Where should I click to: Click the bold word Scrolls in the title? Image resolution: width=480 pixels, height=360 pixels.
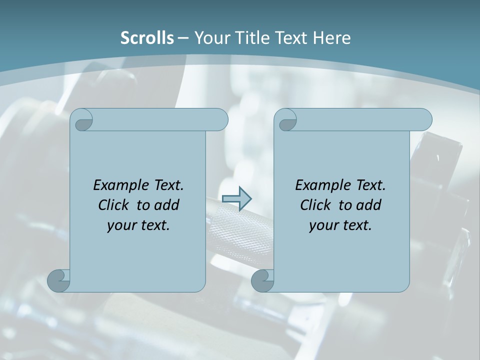pyautogui.click(x=147, y=38)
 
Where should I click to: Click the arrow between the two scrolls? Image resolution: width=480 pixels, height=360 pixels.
pyautogui.click(x=236, y=198)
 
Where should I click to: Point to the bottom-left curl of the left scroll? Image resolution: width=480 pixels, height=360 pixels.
pyautogui.click(x=59, y=280)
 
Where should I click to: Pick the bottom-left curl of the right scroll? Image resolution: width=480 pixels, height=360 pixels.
pyautogui.click(x=262, y=280)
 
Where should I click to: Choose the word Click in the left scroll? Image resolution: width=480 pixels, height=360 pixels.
pyautogui.click(x=113, y=205)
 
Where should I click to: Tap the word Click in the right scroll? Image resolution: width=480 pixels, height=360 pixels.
pyautogui.click(x=315, y=205)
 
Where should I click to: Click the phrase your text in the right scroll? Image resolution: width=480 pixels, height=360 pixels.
pyautogui.click(x=340, y=225)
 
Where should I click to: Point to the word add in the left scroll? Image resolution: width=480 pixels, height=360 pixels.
pyautogui.click(x=166, y=205)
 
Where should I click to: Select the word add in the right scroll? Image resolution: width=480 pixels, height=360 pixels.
pyautogui.click(x=368, y=205)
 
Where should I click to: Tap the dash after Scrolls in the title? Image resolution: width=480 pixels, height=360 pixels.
pyautogui.click(x=183, y=38)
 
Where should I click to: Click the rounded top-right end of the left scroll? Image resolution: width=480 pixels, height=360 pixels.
pyautogui.click(x=220, y=120)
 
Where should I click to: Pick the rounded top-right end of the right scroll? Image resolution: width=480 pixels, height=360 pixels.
pyautogui.click(x=424, y=120)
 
